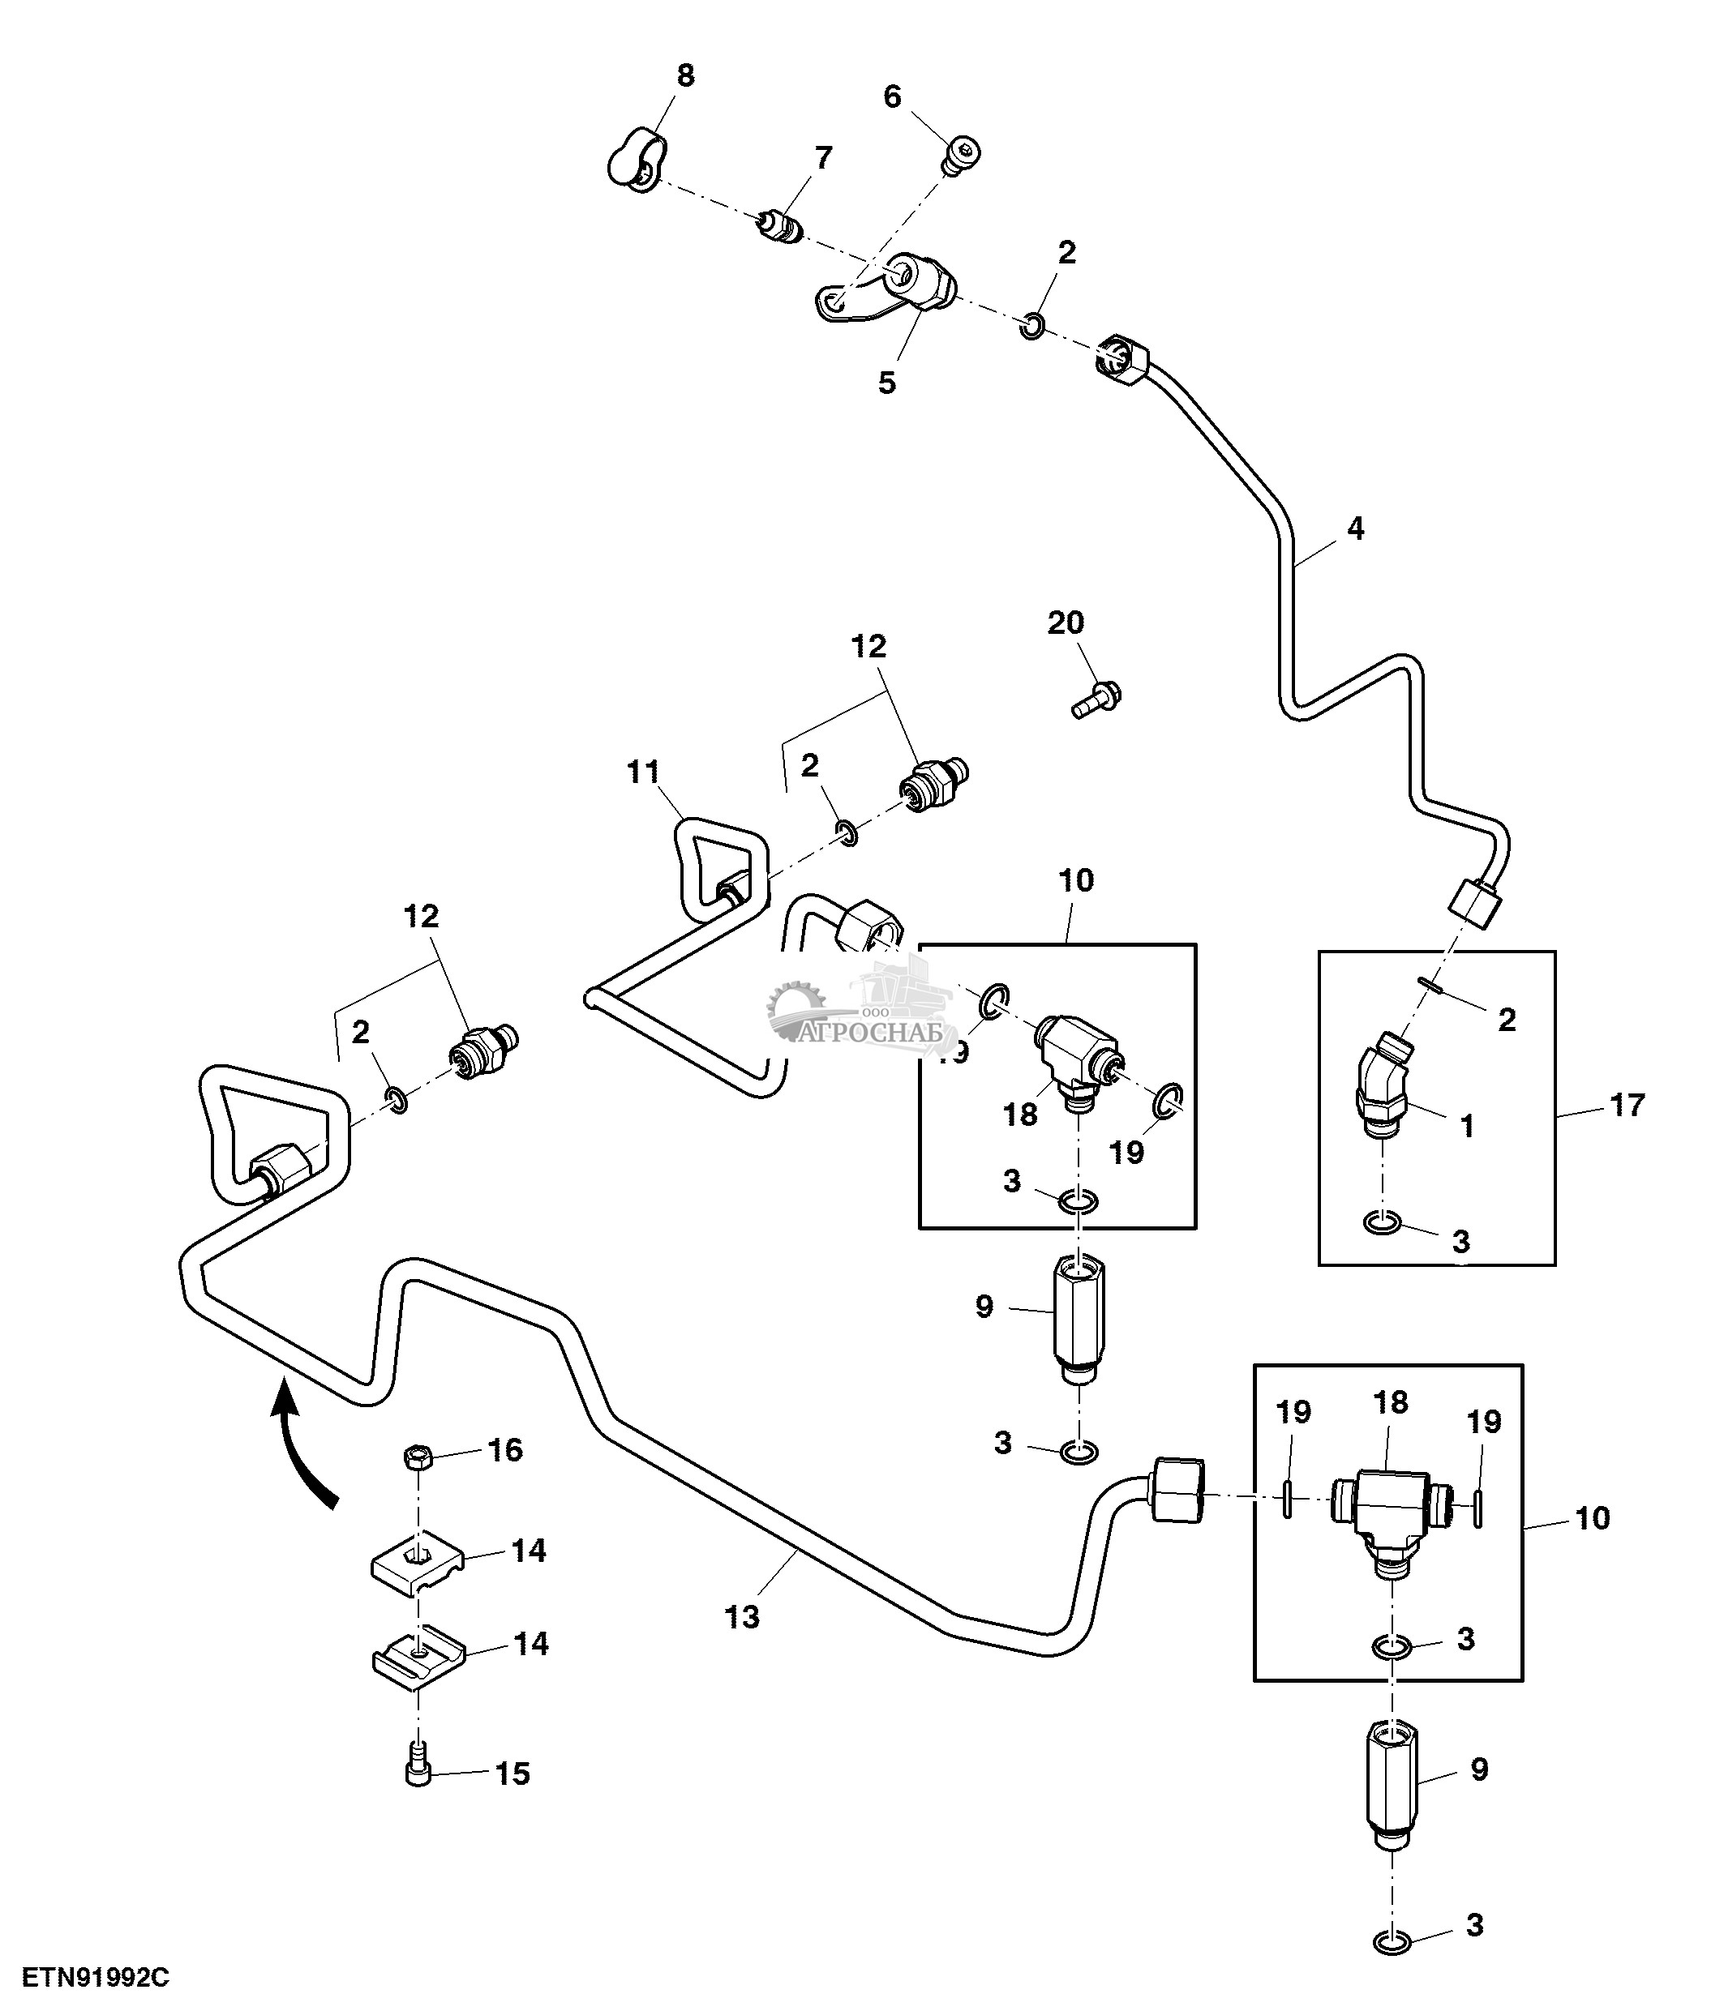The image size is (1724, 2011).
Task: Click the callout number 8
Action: (685, 75)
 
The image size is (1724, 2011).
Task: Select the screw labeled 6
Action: (962, 156)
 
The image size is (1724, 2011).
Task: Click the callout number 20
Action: (1065, 623)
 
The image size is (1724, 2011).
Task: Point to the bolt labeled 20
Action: (1098, 699)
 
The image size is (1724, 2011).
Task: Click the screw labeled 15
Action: (418, 1774)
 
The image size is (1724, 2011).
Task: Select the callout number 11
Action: (644, 772)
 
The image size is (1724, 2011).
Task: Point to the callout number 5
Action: (886, 383)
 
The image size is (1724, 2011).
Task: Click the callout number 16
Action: (504, 1450)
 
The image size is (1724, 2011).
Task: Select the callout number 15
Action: (512, 1774)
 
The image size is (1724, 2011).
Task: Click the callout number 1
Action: (1467, 1126)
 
